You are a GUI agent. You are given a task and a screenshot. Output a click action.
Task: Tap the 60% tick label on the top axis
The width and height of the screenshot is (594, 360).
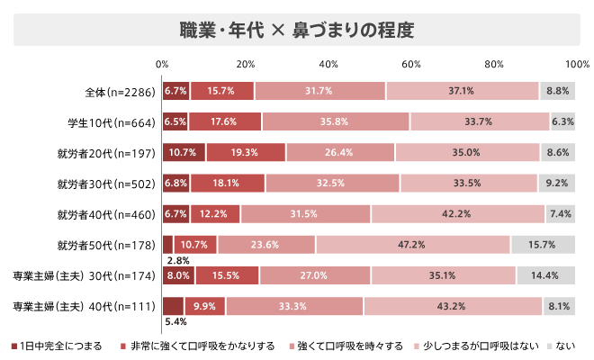tap(411, 64)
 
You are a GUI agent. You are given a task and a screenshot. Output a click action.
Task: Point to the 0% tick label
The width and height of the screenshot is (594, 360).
tap(162, 64)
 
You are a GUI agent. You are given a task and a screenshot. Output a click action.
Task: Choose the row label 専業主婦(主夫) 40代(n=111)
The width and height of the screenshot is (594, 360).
tap(86, 306)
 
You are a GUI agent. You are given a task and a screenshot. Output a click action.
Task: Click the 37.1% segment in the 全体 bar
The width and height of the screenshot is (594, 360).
tap(462, 91)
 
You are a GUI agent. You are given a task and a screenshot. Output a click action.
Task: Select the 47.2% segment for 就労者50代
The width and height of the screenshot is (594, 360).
tap(413, 245)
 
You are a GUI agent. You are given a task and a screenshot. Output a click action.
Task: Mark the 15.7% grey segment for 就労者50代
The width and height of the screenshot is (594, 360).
tap(544, 245)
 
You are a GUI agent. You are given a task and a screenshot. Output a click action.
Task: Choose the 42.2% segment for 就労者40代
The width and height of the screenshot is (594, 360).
tap(457, 214)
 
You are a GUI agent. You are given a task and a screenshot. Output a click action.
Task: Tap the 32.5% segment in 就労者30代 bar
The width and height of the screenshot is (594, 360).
tap(332, 184)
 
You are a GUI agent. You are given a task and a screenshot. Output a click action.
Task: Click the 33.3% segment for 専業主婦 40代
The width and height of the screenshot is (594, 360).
tap(294, 306)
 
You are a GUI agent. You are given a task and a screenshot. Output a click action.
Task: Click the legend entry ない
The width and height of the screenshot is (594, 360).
tap(562, 346)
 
